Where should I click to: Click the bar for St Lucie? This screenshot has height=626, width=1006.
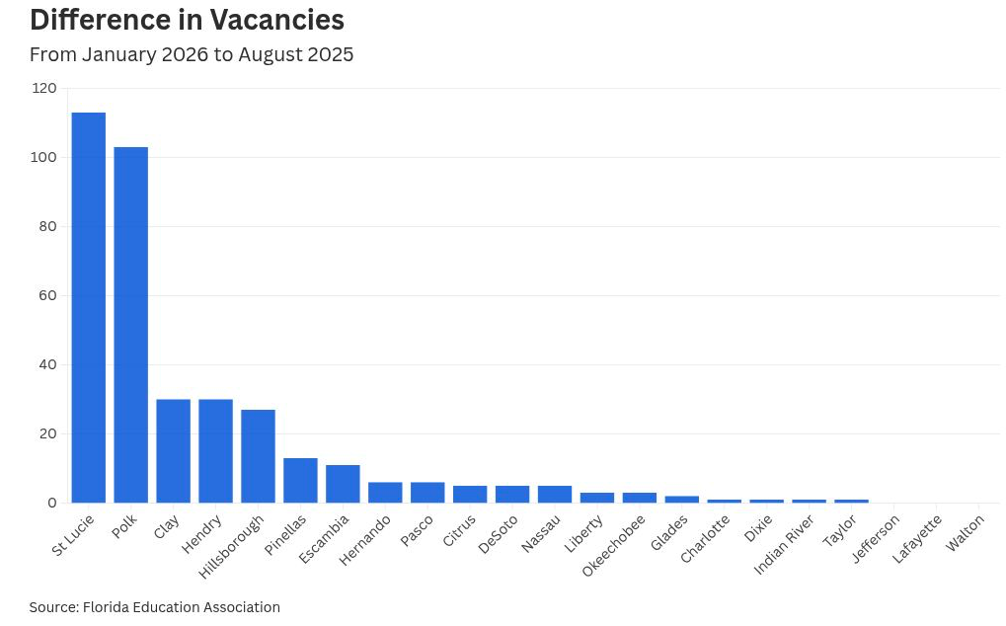click(89, 308)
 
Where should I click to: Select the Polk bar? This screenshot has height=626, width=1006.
click(131, 325)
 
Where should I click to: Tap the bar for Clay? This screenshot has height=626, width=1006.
click(174, 451)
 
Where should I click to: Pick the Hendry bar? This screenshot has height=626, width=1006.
click(216, 451)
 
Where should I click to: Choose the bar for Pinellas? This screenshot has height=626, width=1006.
click(301, 481)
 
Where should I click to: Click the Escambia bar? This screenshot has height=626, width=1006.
click(344, 484)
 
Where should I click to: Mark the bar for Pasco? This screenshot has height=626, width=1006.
click(427, 493)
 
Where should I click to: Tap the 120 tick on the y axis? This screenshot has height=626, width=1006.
click(44, 88)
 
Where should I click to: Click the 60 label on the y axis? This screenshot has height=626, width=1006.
click(47, 295)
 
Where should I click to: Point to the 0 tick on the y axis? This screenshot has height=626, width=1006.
click(51, 503)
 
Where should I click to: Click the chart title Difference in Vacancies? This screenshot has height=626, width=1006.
click(187, 20)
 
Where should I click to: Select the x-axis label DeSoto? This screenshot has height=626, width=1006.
click(499, 531)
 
